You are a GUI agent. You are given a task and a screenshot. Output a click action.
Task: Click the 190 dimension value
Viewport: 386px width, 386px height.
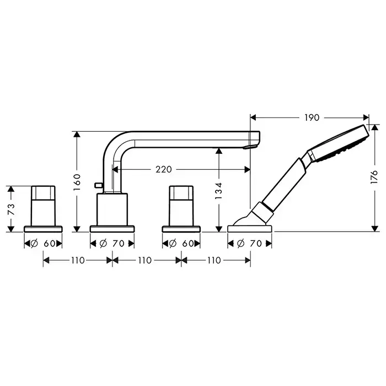click(x=312, y=117)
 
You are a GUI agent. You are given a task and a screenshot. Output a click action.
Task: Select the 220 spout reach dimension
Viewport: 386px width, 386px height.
click(x=163, y=169)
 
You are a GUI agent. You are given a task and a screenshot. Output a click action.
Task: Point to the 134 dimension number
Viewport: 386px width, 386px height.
click(x=218, y=191)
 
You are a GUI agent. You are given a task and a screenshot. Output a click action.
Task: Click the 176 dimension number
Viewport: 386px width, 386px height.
click(x=374, y=176)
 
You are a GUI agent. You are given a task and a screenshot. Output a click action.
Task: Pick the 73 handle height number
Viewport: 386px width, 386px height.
click(x=11, y=209)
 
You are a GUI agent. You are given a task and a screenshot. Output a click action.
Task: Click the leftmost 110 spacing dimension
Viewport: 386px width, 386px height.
click(x=78, y=260)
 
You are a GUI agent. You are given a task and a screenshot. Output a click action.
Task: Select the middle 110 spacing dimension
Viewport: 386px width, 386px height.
click(x=144, y=260)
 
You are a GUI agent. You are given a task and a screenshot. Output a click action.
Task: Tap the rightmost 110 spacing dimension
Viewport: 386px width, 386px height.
click(x=214, y=260)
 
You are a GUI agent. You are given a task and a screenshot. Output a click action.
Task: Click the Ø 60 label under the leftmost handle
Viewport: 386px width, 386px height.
click(x=43, y=244)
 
